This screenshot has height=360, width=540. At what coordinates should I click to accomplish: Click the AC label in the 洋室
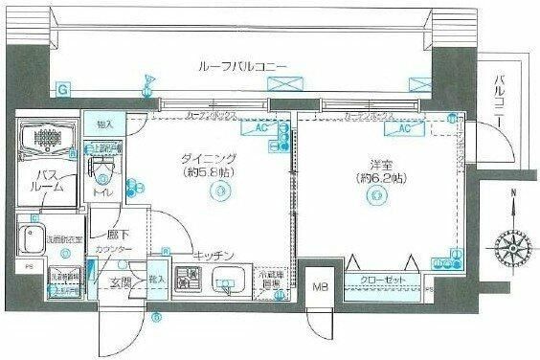[x=404, y=127]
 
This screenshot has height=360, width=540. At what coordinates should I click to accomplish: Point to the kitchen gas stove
[x=191, y=280]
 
